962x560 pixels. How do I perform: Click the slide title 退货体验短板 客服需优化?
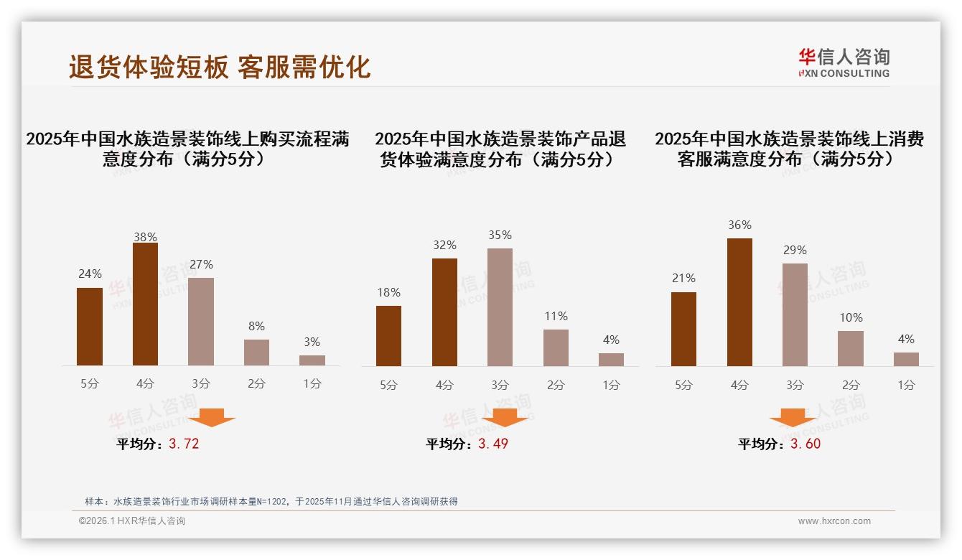(x=220, y=67)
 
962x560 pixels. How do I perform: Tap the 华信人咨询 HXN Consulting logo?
(x=844, y=63)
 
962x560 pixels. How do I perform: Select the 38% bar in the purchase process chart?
(x=145, y=304)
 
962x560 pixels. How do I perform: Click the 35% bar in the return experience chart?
(x=500, y=307)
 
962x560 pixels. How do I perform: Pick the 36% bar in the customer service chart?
(x=739, y=302)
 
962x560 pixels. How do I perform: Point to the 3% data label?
(x=312, y=342)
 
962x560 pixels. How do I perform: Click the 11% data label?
(x=556, y=316)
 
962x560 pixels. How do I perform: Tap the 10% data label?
(x=851, y=317)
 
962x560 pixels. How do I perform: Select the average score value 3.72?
(x=184, y=444)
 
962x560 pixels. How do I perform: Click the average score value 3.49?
(x=493, y=444)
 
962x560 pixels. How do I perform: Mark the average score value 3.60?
(x=805, y=444)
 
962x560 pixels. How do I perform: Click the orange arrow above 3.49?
(x=505, y=417)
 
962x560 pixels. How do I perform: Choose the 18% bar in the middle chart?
(x=388, y=335)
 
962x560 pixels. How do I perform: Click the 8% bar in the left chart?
(x=256, y=352)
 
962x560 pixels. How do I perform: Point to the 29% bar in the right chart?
(x=795, y=314)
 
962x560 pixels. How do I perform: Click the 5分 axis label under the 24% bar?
(x=90, y=383)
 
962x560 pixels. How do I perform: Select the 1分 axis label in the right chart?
(x=906, y=385)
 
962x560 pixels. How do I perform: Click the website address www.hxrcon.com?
(x=834, y=521)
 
